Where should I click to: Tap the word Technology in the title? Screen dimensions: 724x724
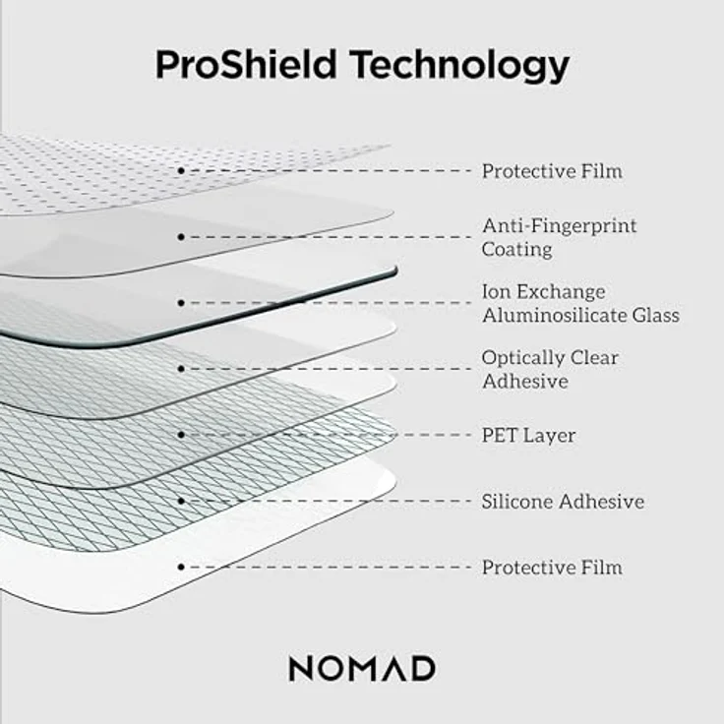click(x=460, y=66)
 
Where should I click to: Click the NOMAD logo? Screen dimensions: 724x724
click(x=362, y=669)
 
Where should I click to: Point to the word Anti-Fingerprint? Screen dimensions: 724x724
click(x=559, y=226)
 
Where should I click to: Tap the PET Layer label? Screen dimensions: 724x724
click(x=528, y=435)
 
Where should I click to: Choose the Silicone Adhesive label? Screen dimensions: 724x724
click(x=563, y=502)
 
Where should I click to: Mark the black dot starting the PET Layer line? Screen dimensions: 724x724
click(x=182, y=435)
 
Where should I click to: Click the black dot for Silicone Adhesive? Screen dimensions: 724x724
click(x=182, y=501)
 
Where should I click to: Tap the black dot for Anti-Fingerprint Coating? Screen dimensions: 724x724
click(x=182, y=237)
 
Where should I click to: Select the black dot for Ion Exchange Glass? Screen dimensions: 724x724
click(x=182, y=303)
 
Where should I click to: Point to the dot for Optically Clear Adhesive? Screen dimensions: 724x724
click(x=182, y=369)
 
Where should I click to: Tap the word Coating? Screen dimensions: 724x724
click(x=516, y=250)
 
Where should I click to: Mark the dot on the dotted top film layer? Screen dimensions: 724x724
click(x=182, y=171)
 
